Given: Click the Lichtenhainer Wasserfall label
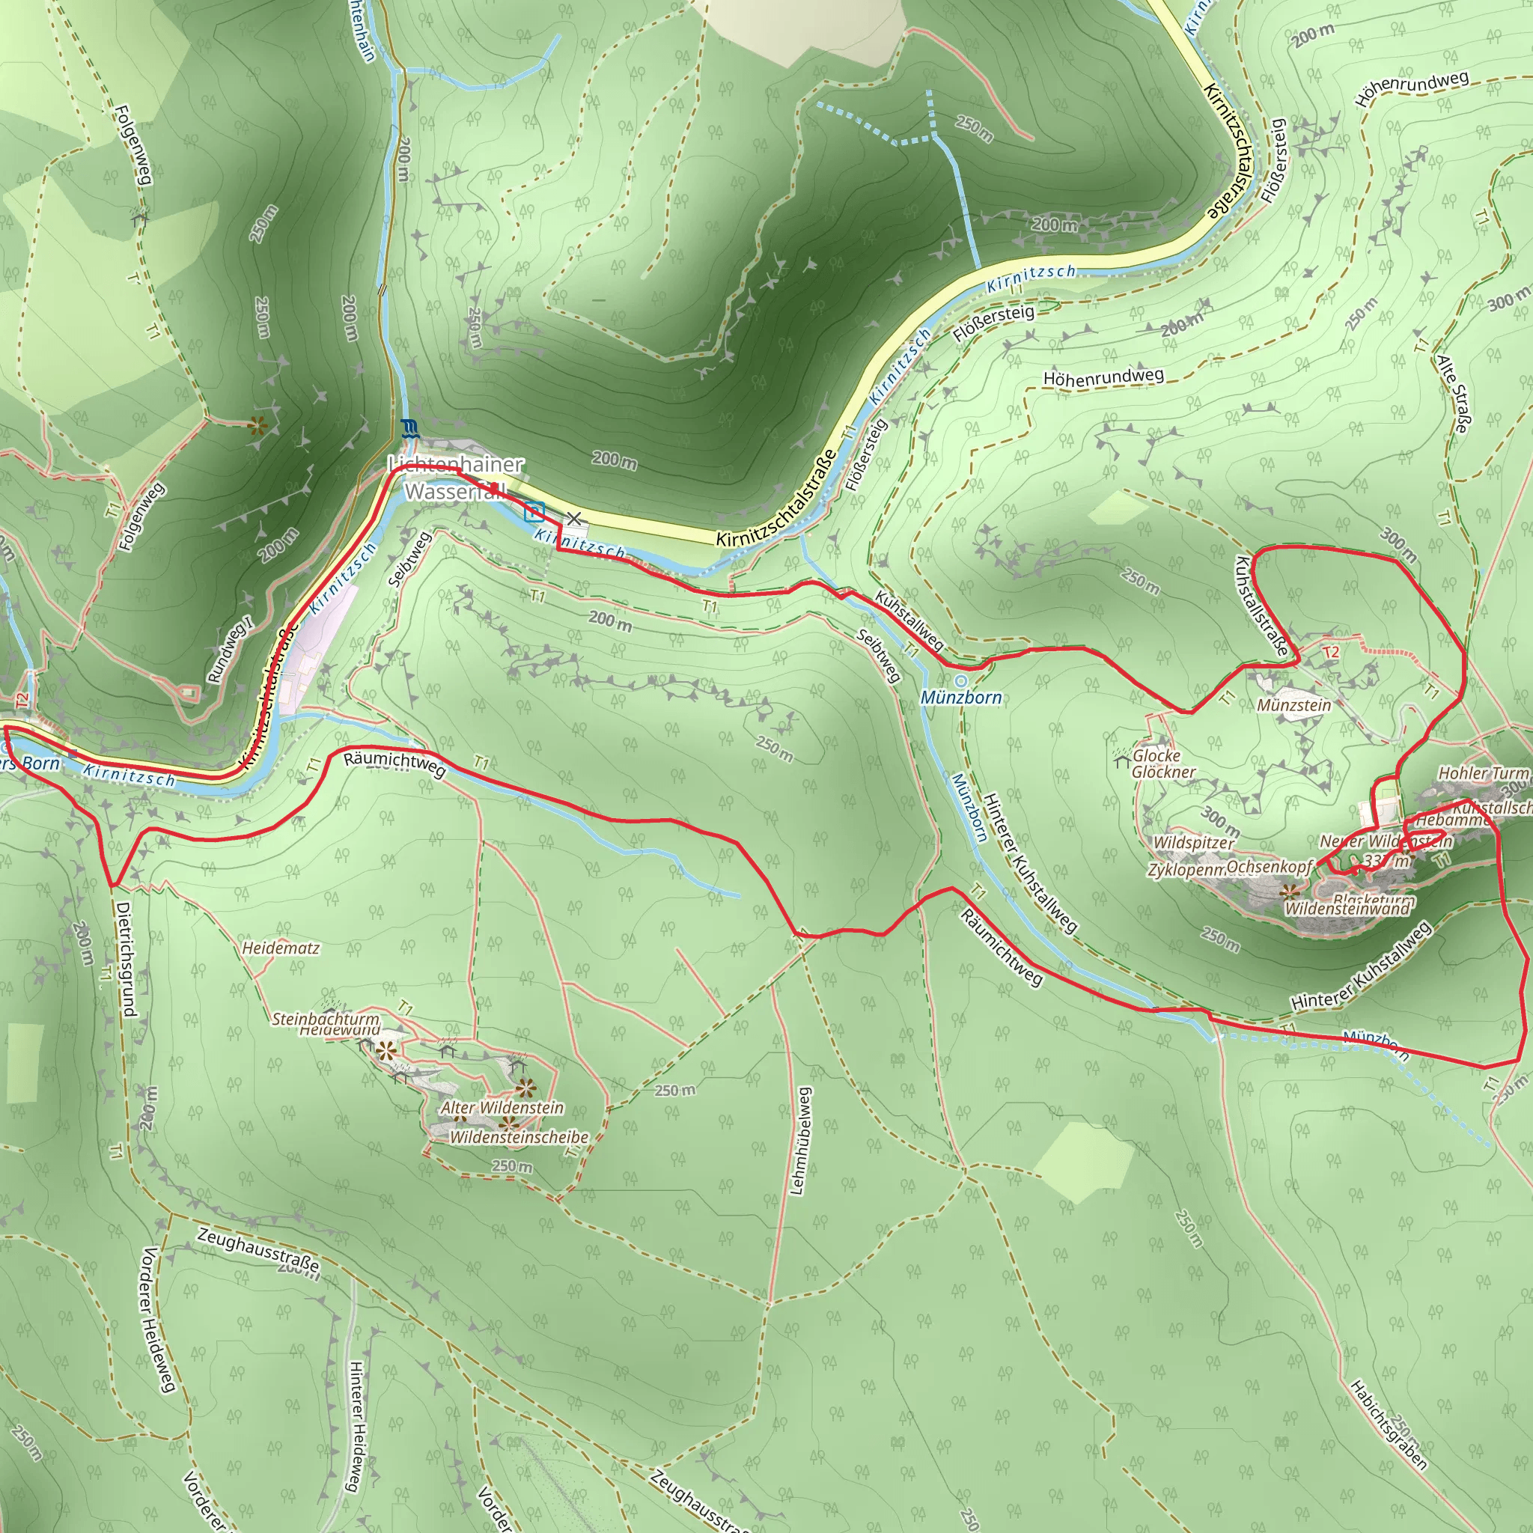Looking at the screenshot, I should [x=454, y=478].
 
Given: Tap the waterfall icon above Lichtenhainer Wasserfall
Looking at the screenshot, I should [x=409, y=429].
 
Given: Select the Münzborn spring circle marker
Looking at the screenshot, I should [x=962, y=681].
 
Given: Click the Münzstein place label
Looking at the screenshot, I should [x=1294, y=704].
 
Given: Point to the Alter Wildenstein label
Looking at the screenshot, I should [x=502, y=1107].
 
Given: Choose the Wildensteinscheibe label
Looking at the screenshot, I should [x=519, y=1137].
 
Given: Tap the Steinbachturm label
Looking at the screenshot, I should [x=326, y=1018].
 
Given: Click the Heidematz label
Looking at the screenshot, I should [x=281, y=948].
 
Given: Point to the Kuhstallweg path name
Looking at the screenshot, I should [x=909, y=621].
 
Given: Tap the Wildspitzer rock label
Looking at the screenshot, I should [x=1193, y=842].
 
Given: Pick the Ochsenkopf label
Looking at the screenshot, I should [x=1270, y=867].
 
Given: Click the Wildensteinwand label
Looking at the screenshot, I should [x=1347, y=909].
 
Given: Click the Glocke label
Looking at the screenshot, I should [x=1156, y=755].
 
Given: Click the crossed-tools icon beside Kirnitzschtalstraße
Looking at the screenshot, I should [x=573, y=520].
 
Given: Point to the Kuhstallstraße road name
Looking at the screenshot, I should [x=1261, y=606].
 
